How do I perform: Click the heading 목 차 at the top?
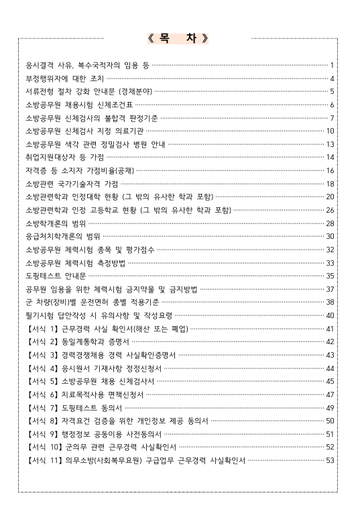180,38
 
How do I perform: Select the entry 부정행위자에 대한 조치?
64,78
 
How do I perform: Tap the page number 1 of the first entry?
332,65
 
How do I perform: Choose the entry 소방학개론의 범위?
54,223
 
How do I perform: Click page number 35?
329,275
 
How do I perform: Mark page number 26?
329,209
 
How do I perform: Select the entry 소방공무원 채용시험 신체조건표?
78,105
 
